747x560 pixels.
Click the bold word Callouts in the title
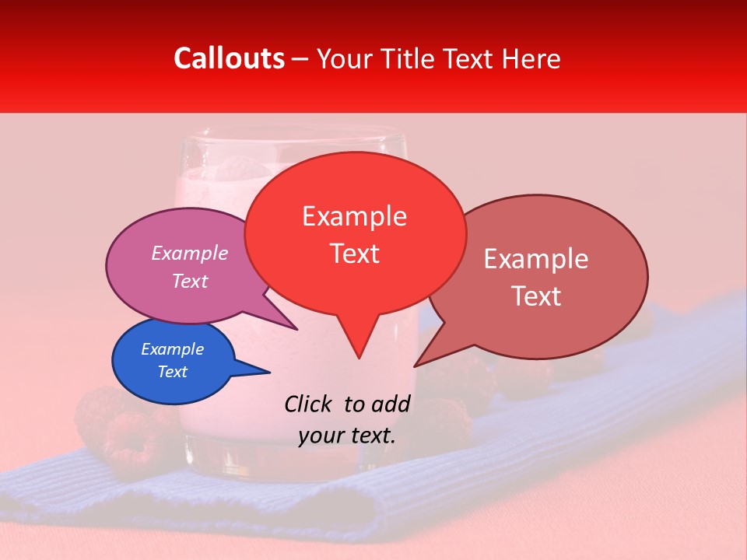pos(229,58)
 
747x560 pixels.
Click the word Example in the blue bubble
pos(172,349)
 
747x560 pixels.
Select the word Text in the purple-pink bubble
pos(190,281)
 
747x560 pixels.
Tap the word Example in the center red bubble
pos(354,216)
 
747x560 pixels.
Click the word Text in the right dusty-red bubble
pos(536,296)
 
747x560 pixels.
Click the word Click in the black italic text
pos(309,404)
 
